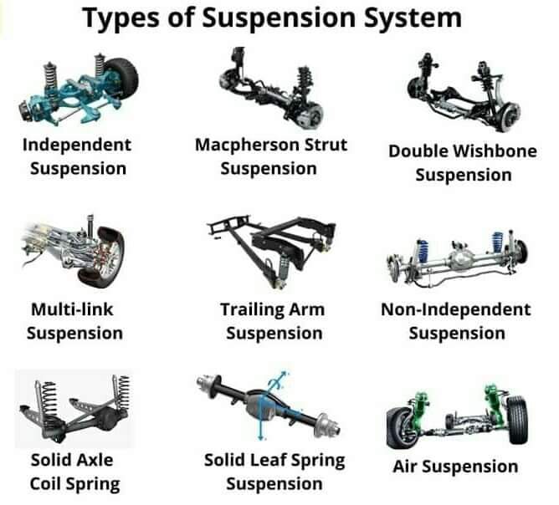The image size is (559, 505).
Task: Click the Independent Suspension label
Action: click(x=77, y=156)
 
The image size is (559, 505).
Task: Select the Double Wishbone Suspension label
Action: click(x=463, y=163)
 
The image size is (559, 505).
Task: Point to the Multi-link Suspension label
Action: click(x=74, y=321)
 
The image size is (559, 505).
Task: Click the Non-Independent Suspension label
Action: click(x=456, y=321)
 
